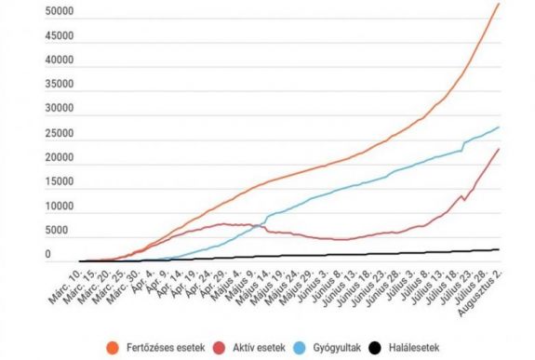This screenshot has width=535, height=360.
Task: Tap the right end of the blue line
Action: (500, 127)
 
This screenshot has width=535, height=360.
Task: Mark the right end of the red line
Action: (500, 149)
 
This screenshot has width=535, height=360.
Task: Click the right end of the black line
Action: (500, 249)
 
